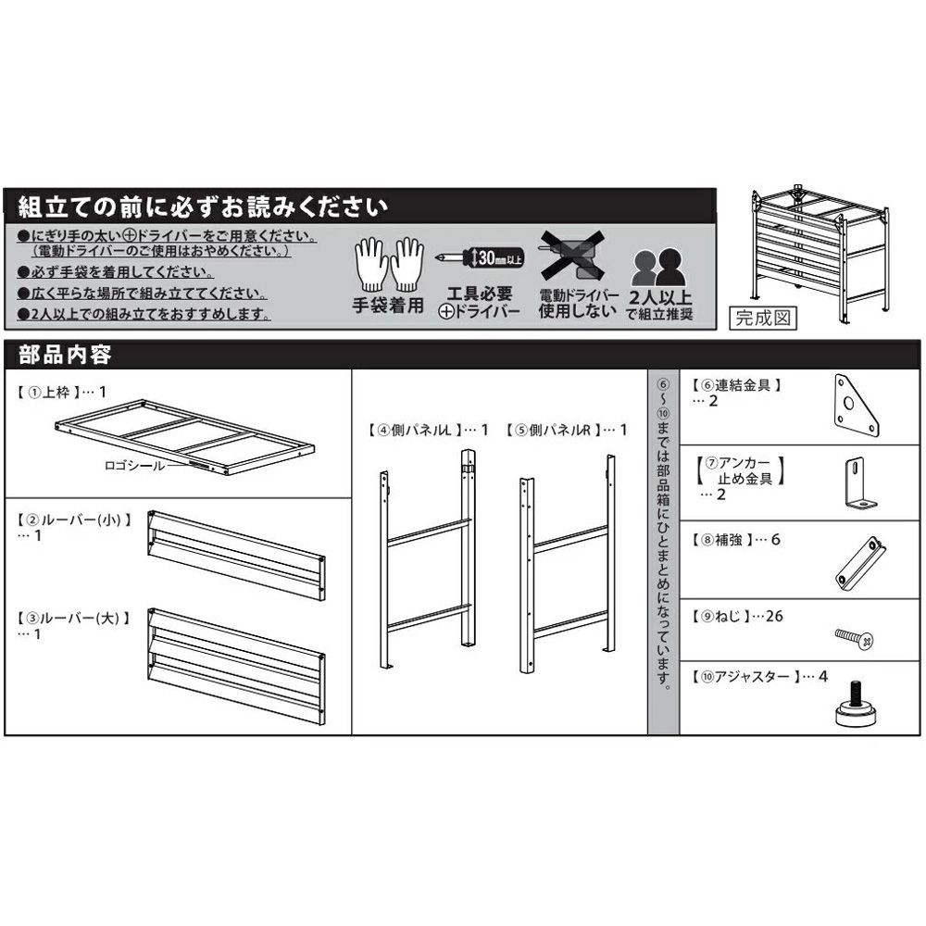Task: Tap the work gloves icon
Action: coord(389,264)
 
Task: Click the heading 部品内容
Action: coord(66,356)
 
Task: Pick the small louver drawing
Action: coord(235,553)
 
